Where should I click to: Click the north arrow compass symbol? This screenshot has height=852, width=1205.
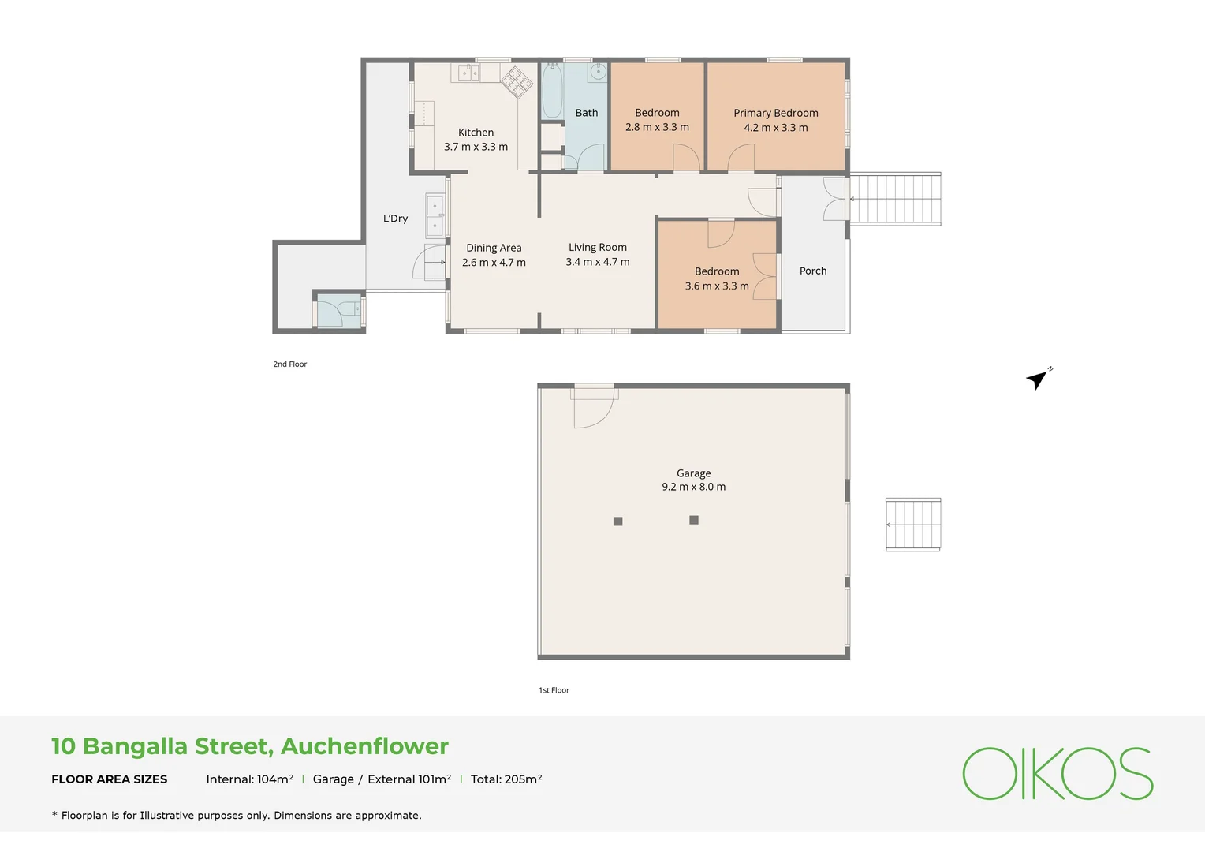tap(1039, 379)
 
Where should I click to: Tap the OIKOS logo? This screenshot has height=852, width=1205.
tap(1058, 773)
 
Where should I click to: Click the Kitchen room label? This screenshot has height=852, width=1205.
tap(476, 133)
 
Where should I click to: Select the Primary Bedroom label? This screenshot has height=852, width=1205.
tap(776, 113)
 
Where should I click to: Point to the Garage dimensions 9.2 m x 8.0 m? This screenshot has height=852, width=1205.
tap(693, 487)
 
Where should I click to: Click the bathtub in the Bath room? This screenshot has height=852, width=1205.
tap(552, 91)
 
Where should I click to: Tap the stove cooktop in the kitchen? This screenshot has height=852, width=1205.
tap(517, 82)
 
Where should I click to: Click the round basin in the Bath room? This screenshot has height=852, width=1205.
tap(598, 72)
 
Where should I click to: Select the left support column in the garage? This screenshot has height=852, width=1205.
tap(618, 521)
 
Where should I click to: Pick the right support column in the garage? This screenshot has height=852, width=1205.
tap(694, 520)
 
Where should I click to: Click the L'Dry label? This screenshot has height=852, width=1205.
tap(395, 218)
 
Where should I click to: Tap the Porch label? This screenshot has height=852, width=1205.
tap(813, 271)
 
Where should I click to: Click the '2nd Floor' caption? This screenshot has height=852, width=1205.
tap(290, 364)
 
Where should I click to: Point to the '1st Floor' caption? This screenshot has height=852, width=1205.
tap(554, 690)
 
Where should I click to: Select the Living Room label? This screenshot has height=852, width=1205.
tap(598, 247)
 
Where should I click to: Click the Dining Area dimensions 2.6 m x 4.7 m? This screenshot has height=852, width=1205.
tap(494, 262)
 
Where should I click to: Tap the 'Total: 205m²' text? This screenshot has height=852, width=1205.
tap(506, 779)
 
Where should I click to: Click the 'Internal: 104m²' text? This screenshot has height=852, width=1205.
tap(250, 779)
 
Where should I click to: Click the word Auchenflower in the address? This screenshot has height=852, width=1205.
tap(364, 746)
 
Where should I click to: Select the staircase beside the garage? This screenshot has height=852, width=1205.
tap(913, 525)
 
